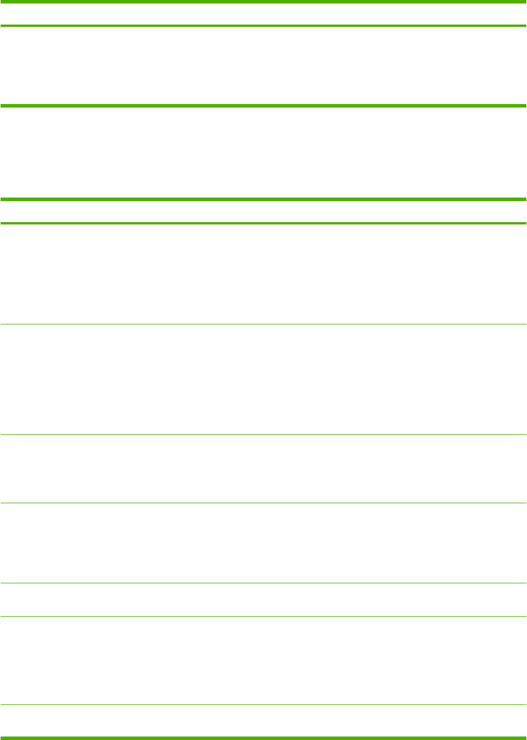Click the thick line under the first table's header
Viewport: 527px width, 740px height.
(x=263, y=26)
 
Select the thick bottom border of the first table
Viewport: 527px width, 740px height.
(x=263, y=106)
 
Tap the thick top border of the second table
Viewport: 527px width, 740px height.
(x=263, y=199)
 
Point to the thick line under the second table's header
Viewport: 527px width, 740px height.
(x=263, y=223)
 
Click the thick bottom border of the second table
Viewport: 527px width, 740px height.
(x=263, y=737)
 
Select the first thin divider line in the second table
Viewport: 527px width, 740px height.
(x=263, y=324)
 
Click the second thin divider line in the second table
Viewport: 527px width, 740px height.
(x=263, y=434)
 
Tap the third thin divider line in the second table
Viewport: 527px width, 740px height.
(x=263, y=503)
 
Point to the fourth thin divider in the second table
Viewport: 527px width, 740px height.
(x=263, y=583)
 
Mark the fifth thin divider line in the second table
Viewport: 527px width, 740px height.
(x=263, y=616)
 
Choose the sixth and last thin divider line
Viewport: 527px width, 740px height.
(x=263, y=704)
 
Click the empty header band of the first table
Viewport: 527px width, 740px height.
(x=263, y=14)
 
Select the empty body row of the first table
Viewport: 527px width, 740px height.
(x=263, y=65)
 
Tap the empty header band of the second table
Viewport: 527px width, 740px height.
(x=263, y=212)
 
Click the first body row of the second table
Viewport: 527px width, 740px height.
(x=263, y=274)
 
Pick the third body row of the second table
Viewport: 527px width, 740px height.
(x=263, y=469)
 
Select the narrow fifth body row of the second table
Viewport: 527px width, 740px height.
(x=263, y=600)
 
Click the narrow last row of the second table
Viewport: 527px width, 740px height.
(x=263, y=720)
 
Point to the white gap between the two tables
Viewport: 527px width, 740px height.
(x=263, y=152)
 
